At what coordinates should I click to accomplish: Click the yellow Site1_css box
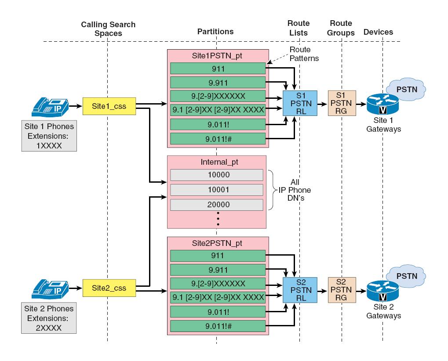pos(109,106)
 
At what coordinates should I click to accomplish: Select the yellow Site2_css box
pos(109,288)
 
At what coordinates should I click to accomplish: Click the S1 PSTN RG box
pos(342,104)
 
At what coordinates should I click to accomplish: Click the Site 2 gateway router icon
pos(382,292)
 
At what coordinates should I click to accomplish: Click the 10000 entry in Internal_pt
pos(216,175)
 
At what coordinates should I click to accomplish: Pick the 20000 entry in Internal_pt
pos(216,205)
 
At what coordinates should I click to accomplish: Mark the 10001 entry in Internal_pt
pos(216,190)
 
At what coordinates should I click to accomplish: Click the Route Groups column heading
pos(342,28)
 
